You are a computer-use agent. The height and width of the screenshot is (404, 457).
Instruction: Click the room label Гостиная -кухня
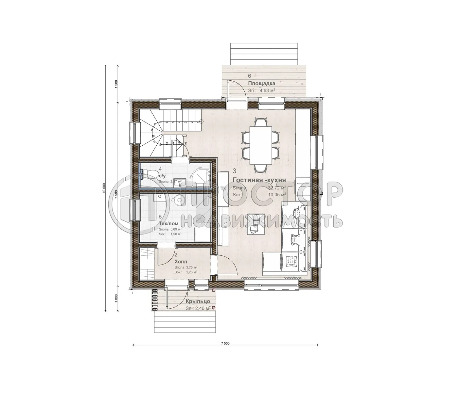pyautogui.click(x=259, y=180)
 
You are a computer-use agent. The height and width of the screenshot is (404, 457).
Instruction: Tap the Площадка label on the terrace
pyautogui.click(x=261, y=83)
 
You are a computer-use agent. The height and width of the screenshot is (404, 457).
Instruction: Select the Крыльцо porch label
pyautogui.click(x=197, y=301)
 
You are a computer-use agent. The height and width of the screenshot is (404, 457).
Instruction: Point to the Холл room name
pyautogui.click(x=181, y=261)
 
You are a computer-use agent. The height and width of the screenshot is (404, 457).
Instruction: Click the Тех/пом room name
pyautogui.click(x=168, y=224)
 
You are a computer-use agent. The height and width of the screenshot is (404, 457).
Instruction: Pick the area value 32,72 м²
pyautogui.click(x=277, y=188)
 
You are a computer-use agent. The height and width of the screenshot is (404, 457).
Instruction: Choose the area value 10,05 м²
pyautogui.click(x=277, y=194)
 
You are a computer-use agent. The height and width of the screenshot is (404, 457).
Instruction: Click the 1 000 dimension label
pyautogui.click(x=116, y=299)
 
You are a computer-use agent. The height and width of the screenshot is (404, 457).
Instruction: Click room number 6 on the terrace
pyautogui.click(x=250, y=76)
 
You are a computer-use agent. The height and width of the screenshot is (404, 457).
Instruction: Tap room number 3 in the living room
pyautogui.click(x=235, y=170)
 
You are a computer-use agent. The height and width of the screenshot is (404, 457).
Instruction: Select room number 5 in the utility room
pyautogui.click(x=160, y=217)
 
